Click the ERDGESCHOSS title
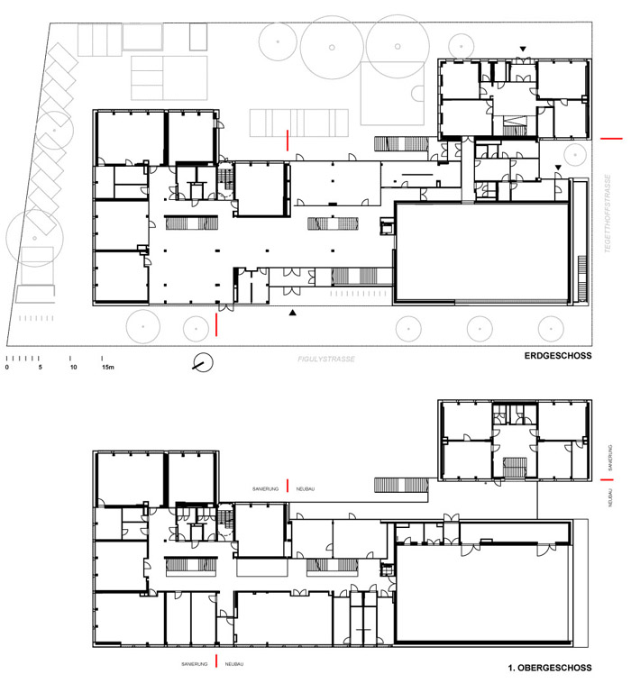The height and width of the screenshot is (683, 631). tap(558, 355)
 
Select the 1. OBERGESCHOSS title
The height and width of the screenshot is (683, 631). tap(550, 668)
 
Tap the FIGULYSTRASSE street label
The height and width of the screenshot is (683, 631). tap(326, 359)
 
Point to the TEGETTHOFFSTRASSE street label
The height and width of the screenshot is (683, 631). tap(608, 214)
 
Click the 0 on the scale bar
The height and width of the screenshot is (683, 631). tap(7, 368)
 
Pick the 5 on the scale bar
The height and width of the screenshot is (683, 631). tap(40, 368)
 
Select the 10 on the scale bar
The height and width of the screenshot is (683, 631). tap(73, 368)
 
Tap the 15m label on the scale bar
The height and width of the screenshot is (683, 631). tap(108, 368)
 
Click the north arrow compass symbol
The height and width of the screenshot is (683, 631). tap(203, 362)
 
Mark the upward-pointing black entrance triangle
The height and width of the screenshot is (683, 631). tap(293, 313)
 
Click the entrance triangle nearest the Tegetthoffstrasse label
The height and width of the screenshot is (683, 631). tap(558, 168)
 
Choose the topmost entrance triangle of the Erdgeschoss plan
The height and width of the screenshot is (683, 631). tap(523, 50)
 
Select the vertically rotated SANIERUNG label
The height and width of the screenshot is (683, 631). tap(610, 458)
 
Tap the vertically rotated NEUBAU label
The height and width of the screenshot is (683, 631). tap(610, 497)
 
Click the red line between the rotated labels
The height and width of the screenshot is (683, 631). tap(607, 479)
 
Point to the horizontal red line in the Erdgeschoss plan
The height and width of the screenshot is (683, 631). tap(611, 139)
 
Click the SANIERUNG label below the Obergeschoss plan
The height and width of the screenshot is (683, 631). tap(195, 664)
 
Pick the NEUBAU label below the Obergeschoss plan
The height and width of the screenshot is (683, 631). tap(234, 664)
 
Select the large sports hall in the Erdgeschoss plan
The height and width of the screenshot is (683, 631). tap(481, 251)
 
